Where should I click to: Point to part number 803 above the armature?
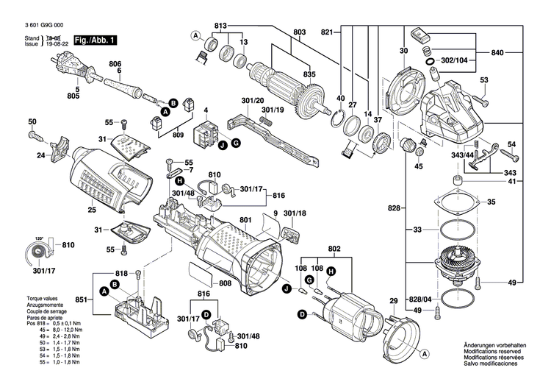(x=299, y=32)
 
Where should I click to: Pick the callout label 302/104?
(x=453, y=59)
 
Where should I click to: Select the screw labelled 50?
(x=35, y=135)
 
